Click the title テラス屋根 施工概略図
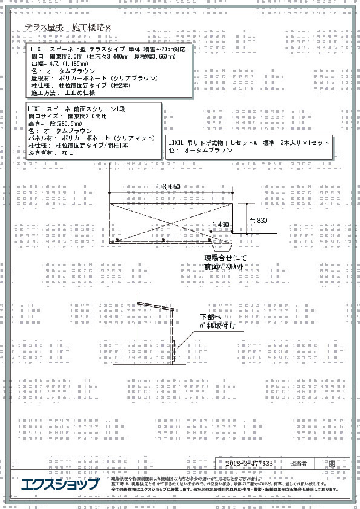pos(68,28)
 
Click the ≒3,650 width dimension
pos(166,186)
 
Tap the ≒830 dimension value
pos(258,221)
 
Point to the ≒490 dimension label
pos(220,225)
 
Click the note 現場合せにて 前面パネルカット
pos(226,262)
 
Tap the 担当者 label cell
pos(299,464)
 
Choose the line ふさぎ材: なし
pos(52,153)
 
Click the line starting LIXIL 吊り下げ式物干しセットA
pos(249,143)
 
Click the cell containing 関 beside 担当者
pos(332,464)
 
